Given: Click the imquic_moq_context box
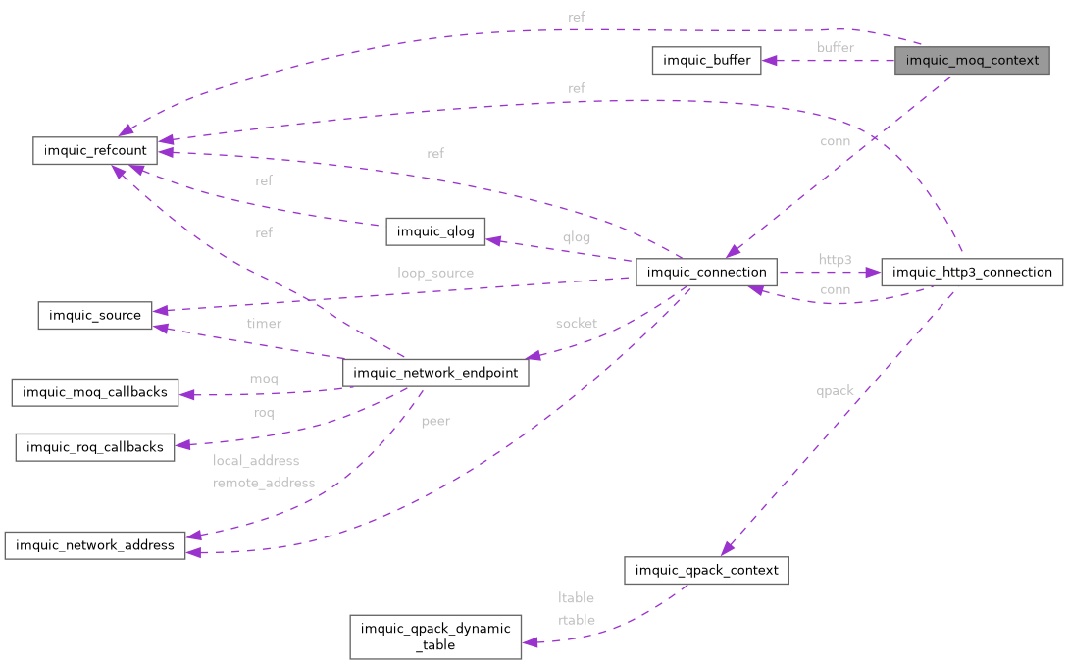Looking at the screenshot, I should (x=972, y=61).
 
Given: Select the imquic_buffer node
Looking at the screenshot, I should (x=706, y=61).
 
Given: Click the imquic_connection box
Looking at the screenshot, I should (x=706, y=272).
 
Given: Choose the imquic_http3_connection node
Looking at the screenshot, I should (x=972, y=272).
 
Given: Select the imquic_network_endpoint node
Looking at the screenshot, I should (x=435, y=373).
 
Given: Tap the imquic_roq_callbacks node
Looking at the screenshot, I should (x=95, y=447).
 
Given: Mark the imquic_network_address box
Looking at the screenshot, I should (x=95, y=545).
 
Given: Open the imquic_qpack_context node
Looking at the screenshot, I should (x=706, y=570).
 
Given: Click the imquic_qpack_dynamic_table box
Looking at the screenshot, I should (x=436, y=637).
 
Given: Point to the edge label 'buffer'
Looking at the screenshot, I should (x=836, y=47).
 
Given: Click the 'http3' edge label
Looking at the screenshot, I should (x=836, y=259).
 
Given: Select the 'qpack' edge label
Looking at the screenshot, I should (x=835, y=390).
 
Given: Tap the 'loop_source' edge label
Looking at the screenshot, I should (x=435, y=273).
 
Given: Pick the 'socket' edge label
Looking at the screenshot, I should (x=576, y=323).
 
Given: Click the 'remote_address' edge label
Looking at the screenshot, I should (x=264, y=483).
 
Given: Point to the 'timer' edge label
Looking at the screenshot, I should (x=263, y=323).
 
